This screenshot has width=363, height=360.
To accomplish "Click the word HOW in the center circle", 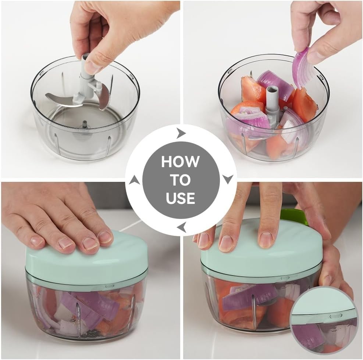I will [x=180, y=162].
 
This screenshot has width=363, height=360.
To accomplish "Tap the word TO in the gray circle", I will [x=180, y=180].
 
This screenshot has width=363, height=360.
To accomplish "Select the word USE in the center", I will [x=180, y=198].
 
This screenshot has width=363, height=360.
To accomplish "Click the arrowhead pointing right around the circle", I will [x=181, y=133].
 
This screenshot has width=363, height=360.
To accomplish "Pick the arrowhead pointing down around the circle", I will [x=228, y=179].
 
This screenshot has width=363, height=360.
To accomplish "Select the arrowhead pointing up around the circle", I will [x=134, y=180].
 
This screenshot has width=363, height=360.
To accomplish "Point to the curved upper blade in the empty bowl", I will [x=104, y=96].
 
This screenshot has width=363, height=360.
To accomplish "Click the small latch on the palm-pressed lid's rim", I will [x=109, y=286].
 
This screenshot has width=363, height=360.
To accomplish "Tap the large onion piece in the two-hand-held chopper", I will [x=250, y=296].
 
